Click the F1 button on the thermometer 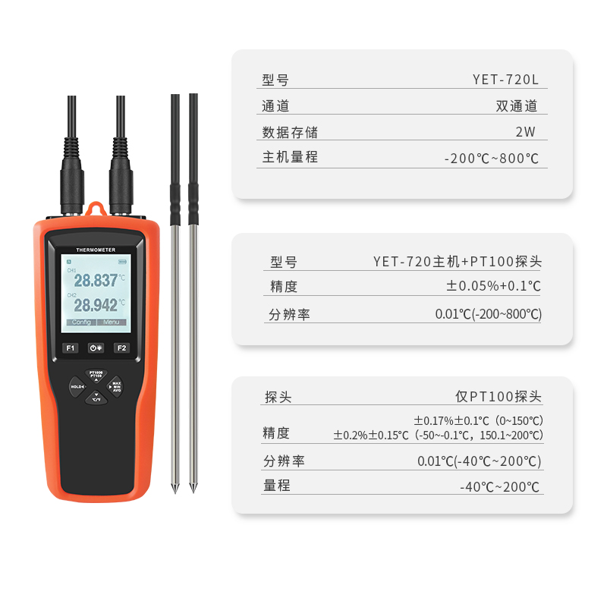70,348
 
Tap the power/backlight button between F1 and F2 96,348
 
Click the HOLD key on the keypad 77,387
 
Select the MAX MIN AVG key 115,386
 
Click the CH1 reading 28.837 96,280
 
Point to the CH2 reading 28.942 96,305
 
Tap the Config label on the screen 81,322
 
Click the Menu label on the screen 112,322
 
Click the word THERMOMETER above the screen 96,250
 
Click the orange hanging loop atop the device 96,209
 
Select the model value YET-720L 505,80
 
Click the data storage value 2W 525,131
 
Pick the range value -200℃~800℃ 491,159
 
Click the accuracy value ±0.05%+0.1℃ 493,286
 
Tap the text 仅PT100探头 498,396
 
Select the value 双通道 517,106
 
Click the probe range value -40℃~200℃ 499,486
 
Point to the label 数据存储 290,132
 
